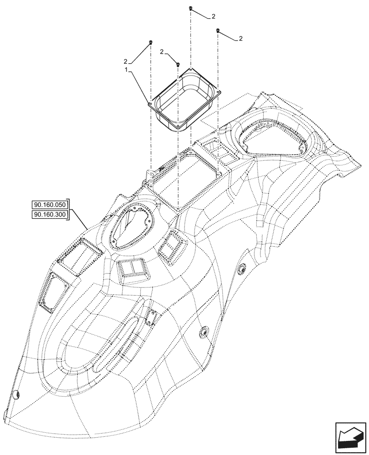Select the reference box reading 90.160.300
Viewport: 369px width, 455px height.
50,215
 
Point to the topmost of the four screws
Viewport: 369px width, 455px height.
191,9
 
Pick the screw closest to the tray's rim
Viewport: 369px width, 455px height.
179,65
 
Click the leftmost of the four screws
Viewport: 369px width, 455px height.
150,42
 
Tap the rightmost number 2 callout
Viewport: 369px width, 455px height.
240,39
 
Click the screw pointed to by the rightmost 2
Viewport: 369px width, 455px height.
218,30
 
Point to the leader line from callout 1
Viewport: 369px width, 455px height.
139,86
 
